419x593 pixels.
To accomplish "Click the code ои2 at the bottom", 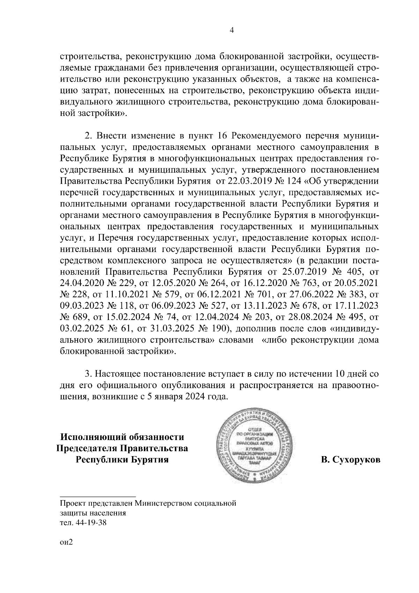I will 65,551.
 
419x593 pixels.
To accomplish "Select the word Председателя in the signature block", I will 86,448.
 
